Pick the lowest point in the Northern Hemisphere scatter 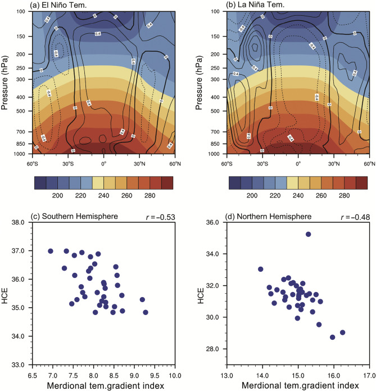(x=333, y=337)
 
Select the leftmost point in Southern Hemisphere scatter (x=51, y=251)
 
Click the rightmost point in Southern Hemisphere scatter (x=146, y=312)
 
